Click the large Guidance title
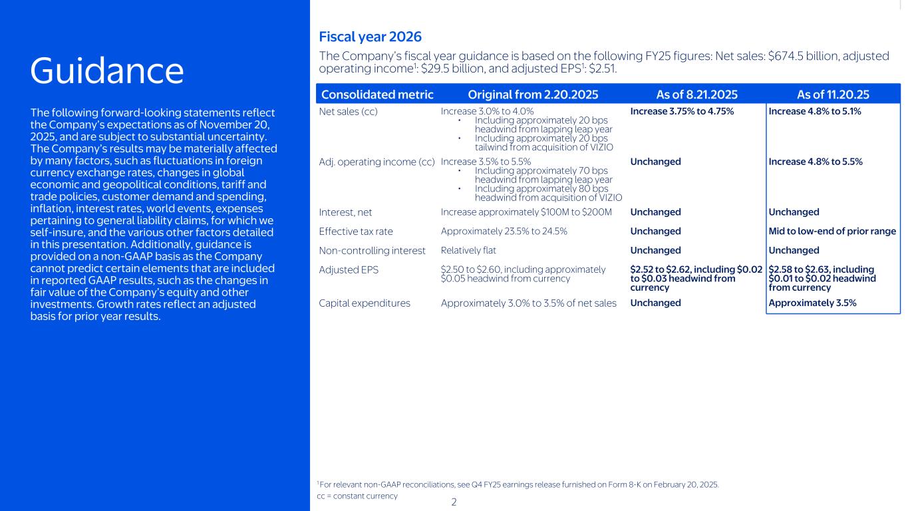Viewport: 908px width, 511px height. pyautogui.click(x=107, y=71)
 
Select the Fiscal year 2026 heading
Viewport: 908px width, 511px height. pyautogui.click(x=370, y=37)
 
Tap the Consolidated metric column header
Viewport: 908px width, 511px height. pyautogui.click(x=377, y=94)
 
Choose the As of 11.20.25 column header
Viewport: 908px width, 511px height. pyautogui.click(x=833, y=94)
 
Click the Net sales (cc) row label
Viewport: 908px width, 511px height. pyautogui.click(x=349, y=111)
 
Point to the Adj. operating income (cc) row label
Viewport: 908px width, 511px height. pyautogui.click(x=377, y=162)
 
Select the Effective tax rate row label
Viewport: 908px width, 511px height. pyautogui.click(x=356, y=232)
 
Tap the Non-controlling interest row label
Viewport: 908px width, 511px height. pyautogui.click(x=372, y=251)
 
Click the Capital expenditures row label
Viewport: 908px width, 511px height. pyautogui.click(x=365, y=303)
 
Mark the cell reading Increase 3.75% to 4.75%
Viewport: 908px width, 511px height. pyautogui.click(x=682, y=111)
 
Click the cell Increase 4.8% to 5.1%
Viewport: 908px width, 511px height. pyautogui.click(x=815, y=111)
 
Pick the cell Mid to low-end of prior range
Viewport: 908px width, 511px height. pyautogui.click(x=832, y=232)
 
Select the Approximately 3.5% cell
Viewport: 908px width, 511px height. pyautogui.click(x=812, y=303)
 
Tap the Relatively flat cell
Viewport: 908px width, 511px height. pyautogui.click(x=468, y=251)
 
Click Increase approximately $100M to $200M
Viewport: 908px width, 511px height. pyautogui.click(x=526, y=212)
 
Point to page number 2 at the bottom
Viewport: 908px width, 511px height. pyautogui.click(x=454, y=502)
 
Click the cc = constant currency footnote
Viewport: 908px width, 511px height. pyautogui.click(x=357, y=496)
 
